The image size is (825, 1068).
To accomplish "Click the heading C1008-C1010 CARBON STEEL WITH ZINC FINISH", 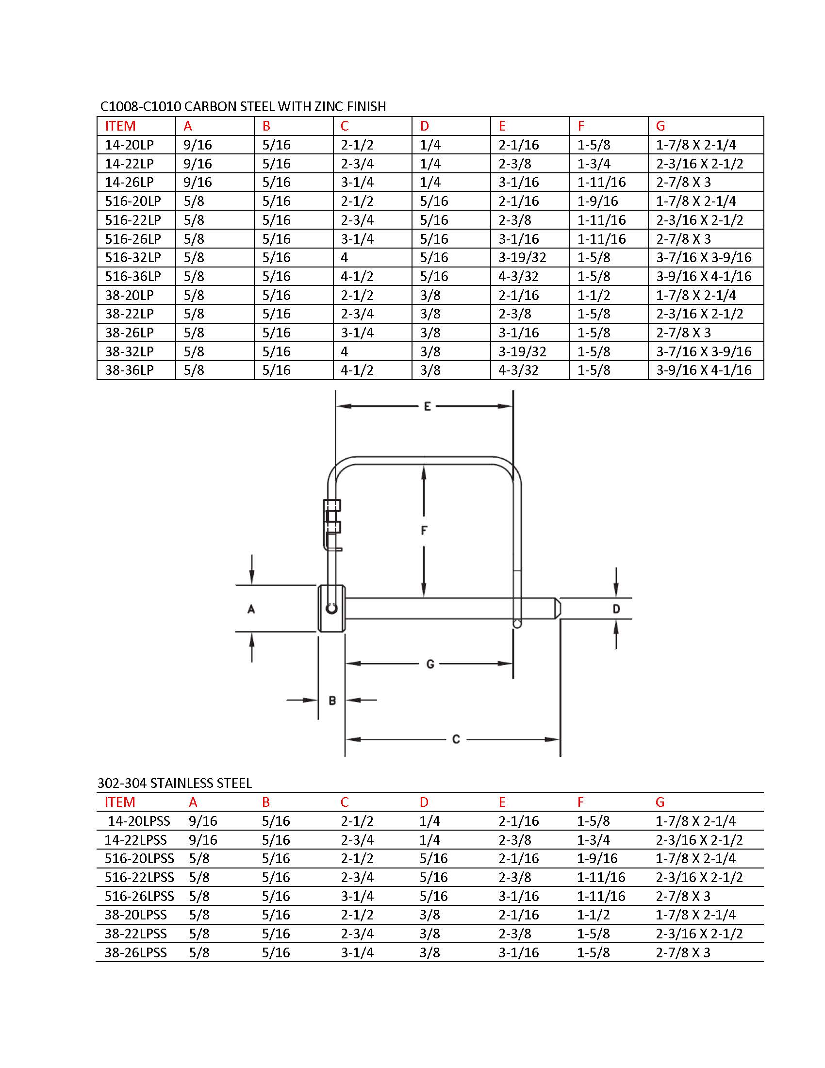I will click(243, 106).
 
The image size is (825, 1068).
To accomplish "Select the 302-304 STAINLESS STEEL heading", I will click(175, 783).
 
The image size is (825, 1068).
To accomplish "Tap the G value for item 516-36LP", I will click(703, 276).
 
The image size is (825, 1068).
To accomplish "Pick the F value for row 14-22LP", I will click(594, 163).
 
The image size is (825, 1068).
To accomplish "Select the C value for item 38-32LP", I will click(345, 351).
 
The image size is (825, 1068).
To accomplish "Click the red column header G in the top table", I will click(660, 126).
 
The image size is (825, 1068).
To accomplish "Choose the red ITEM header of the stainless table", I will click(120, 802).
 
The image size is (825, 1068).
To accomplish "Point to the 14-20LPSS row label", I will click(139, 821).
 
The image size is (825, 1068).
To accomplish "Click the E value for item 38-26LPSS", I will click(518, 952).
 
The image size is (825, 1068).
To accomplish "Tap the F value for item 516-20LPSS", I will click(597, 858).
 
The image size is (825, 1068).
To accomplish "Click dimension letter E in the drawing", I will click(427, 406).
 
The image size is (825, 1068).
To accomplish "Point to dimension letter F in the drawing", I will click(424, 530).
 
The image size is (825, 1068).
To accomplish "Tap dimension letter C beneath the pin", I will click(456, 739).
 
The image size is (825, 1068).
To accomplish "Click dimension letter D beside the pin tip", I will click(616, 609).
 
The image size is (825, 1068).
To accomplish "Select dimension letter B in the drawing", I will click(332, 700).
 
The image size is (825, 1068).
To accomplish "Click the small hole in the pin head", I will click(332, 609).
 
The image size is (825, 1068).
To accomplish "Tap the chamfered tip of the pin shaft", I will click(558, 608).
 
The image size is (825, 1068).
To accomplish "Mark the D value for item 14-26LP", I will click(430, 183).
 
